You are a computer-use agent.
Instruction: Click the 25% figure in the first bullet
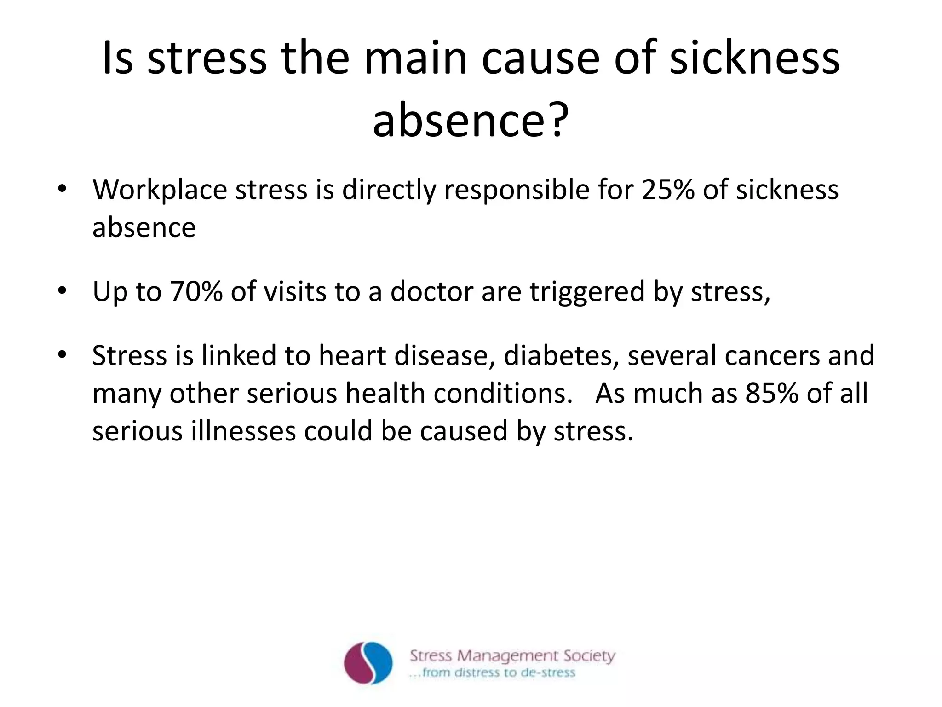(x=667, y=190)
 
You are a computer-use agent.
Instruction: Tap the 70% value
(x=196, y=291)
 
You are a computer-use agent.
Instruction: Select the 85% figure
(x=772, y=393)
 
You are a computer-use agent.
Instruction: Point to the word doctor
(x=431, y=291)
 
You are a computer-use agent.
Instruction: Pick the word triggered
(x=587, y=292)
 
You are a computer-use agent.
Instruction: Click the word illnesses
(x=243, y=431)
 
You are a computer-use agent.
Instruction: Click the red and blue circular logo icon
(x=368, y=663)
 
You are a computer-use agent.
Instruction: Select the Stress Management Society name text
(x=512, y=655)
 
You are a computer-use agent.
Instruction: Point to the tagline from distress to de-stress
(x=492, y=673)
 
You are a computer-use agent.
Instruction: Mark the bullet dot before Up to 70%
(x=62, y=291)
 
